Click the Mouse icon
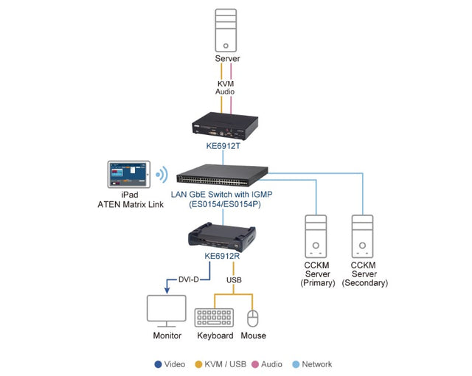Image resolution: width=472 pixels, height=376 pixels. pyautogui.click(x=253, y=318)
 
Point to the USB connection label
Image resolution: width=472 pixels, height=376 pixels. pyautogui.click(x=234, y=279)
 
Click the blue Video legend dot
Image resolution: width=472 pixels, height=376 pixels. pyautogui.click(x=158, y=364)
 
